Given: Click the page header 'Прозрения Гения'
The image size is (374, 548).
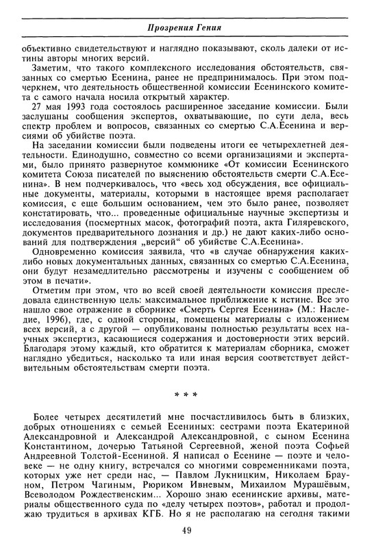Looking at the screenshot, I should pyautogui.click(x=186, y=27).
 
